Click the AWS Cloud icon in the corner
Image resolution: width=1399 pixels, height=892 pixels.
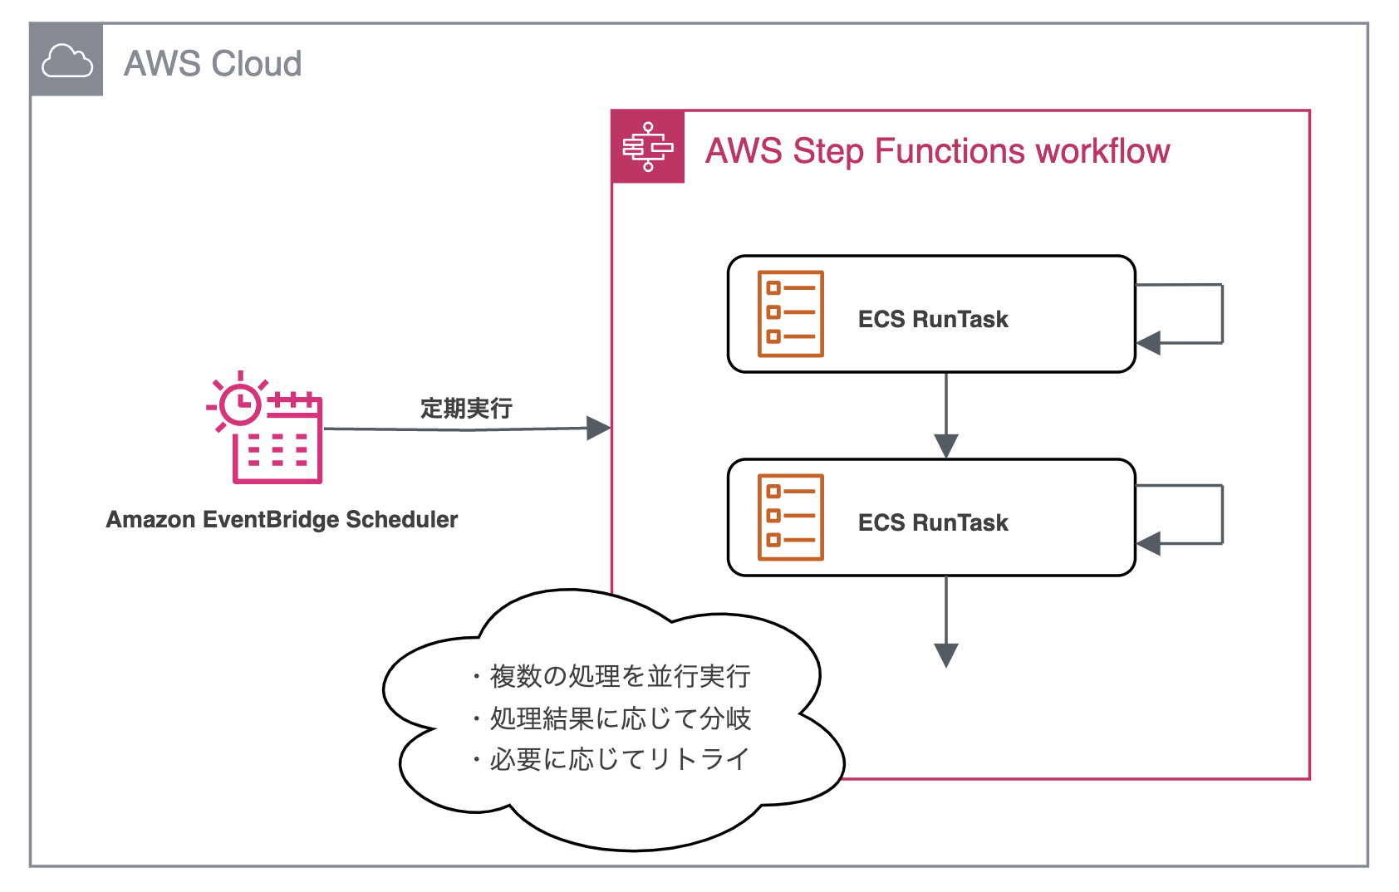pos(66,61)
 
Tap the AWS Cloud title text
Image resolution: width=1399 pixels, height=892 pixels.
pos(213,64)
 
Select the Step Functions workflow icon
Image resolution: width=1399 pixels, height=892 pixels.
pos(648,147)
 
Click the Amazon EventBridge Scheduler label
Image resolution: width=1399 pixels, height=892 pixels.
pos(282,519)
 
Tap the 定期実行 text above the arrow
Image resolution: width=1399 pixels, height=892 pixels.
pos(466,408)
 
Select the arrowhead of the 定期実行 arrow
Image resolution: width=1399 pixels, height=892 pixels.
pos(598,429)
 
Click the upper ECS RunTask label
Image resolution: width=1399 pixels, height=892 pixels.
pos(932,319)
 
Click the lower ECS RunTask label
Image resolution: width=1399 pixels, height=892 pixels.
pos(932,522)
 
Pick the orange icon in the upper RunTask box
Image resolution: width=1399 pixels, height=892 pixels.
pos(790,314)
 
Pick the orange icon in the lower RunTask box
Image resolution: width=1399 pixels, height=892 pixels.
pos(790,517)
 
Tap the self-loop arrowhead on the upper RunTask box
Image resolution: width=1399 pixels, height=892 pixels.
pos(1148,342)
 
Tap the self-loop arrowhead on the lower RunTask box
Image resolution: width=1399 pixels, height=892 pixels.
pos(1148,544)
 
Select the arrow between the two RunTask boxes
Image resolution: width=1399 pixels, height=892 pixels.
pos(946,415)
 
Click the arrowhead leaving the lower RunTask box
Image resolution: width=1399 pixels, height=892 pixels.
pos(946,654)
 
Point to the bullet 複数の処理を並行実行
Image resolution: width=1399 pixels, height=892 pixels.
pos(619,676)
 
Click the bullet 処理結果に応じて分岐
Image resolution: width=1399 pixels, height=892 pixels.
pos(619,718)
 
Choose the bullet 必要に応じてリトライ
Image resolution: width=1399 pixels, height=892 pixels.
pos(619,758)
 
